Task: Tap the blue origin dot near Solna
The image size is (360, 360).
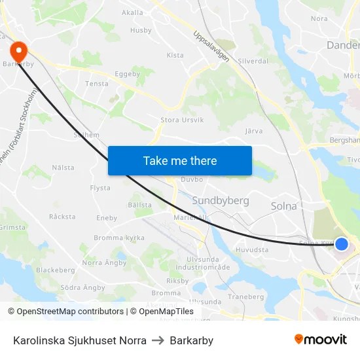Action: pyautogui.click(x=341, y=244)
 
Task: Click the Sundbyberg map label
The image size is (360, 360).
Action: pyautogui.click(x=221, y=200)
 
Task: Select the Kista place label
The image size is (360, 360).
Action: pyautogui.click(x=175, y=56)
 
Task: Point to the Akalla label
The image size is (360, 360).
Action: pyautogui.click(x=132, y=12)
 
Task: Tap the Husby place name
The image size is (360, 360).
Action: pyautogui.click(x=141, y=30)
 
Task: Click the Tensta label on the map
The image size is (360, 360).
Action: pyautogui.click(x=97, y=84)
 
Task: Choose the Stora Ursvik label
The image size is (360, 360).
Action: pyautogui.click(x=182, y=120)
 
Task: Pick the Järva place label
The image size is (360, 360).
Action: pyautogui.click(x=253, y=131)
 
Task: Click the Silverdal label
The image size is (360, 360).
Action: pyautogui.click(x=253, y=61)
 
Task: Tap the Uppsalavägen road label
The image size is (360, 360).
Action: pyautogui.click(x=211, y=46)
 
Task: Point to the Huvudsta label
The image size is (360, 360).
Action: pyautogui.click(x=252, y=249)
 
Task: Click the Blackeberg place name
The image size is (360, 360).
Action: pyautogui.click(x=55, y=270)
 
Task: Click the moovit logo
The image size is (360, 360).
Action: pyautogui.click(x=321, y=340)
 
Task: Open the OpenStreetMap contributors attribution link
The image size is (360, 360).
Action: pyautogui.click(x=70, y=312)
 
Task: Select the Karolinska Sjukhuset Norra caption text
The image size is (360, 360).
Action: pyautogui.click(x=79, y=340)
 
